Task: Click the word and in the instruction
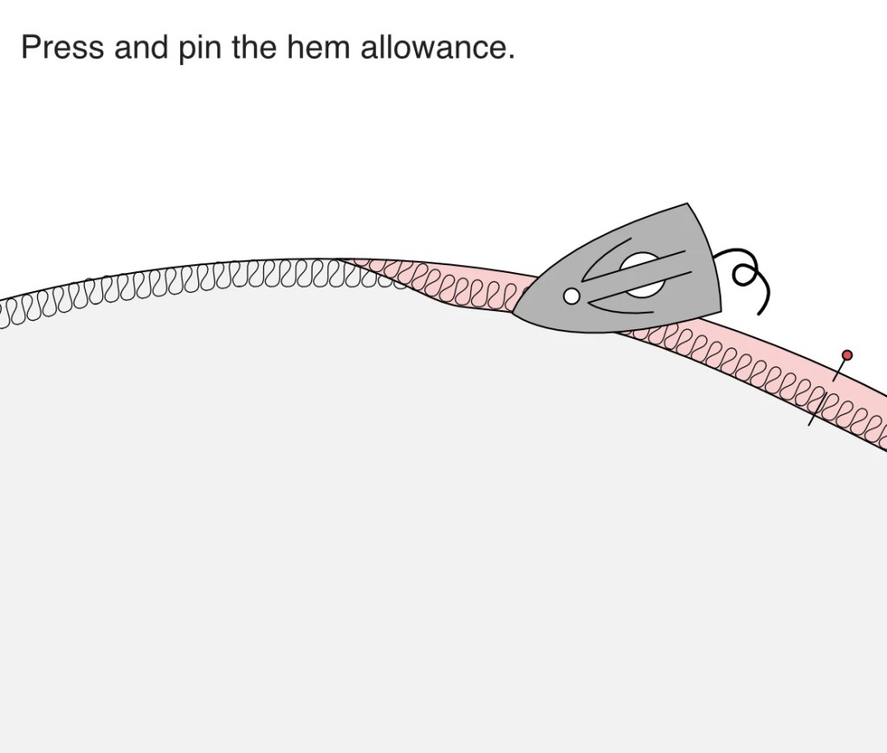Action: pos(142,47)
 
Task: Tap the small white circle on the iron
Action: pos(572,296)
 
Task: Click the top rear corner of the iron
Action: pos(687,204)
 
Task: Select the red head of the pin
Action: pos(847,355)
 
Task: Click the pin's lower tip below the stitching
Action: pos(810,425)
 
